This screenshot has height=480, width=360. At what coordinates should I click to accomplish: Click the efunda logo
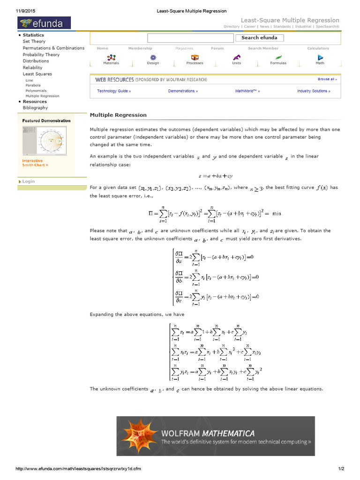[x=44, y=22]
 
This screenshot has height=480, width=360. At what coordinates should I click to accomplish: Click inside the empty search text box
[x=190, y=38]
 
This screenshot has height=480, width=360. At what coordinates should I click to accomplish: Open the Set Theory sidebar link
[x=34, y=41]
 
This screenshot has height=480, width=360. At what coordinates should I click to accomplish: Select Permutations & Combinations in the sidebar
[x=53, y=48]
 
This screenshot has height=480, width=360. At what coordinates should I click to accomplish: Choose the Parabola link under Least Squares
[x=33, y=85]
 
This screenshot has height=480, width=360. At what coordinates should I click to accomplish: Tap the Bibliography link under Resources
[x=35, y=108]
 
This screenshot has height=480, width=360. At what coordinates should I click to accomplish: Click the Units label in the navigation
[x=236, y=63]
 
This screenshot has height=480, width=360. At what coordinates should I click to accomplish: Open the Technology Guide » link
[x=114, y=91]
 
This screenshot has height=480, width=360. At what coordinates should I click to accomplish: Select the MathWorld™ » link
[x=247, y=91]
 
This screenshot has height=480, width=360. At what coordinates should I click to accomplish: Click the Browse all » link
[x=327, y=79]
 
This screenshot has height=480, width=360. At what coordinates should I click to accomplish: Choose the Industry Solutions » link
[x=314, y=91]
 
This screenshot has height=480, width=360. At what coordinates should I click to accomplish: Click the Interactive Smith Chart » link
[x=35, y=163]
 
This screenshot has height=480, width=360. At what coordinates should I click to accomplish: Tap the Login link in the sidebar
[x=28, y=181]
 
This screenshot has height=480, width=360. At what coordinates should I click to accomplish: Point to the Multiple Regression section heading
[x=118, y=115]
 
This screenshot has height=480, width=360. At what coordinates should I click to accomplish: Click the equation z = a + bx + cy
[x=215, y=176]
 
